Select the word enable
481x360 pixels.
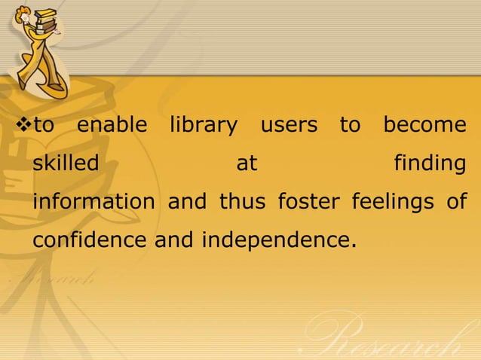pyautogui.click(x=112, y=125)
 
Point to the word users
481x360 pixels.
pyautogui.click(x=289, y=126)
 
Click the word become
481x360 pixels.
pyautogui.click(x=424, y=125)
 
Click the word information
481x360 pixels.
pyautogui.click(x=93, y=203)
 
